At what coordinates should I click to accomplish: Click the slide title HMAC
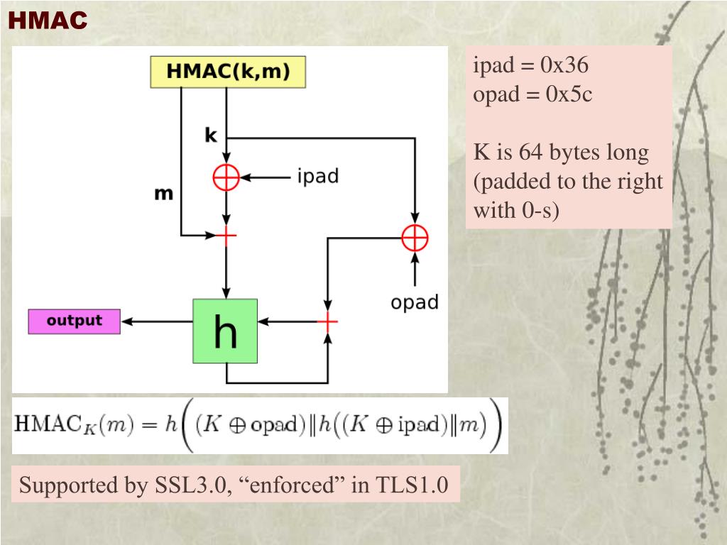(48, 21)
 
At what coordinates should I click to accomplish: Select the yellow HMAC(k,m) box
(228, 72)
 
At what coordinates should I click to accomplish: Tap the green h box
(225, 331)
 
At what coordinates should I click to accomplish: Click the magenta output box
(75, 321)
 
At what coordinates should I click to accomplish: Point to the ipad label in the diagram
(317, 176)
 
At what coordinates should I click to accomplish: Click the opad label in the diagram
(415, 302)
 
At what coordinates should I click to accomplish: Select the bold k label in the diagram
(211, 135)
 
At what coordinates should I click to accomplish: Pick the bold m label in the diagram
(164, 193)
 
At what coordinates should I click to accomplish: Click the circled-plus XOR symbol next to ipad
(226, 177)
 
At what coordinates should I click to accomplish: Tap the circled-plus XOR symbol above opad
(415, 237)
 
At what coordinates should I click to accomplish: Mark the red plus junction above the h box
(226, 234)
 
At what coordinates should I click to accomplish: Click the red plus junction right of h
(327, 323)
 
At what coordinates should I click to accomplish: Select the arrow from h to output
(158, 322)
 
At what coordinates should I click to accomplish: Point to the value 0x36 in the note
(564, 66)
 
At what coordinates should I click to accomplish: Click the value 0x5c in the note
(569, 94)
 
